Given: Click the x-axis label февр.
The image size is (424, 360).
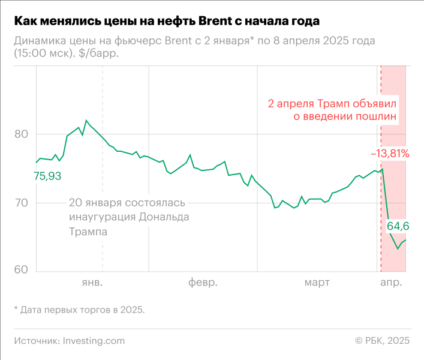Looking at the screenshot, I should tap(202, 282).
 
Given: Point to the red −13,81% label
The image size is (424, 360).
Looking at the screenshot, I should tap(390, 154).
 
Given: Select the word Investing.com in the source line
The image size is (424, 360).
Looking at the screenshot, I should tap(94, 340).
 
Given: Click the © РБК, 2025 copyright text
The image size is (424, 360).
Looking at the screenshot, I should tap(382, 340).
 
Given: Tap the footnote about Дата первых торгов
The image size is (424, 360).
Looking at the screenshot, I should tap(79, 310).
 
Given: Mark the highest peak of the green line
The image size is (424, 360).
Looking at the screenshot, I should tap(86, 121).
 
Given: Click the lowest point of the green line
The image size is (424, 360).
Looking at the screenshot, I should tap(398, 249).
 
